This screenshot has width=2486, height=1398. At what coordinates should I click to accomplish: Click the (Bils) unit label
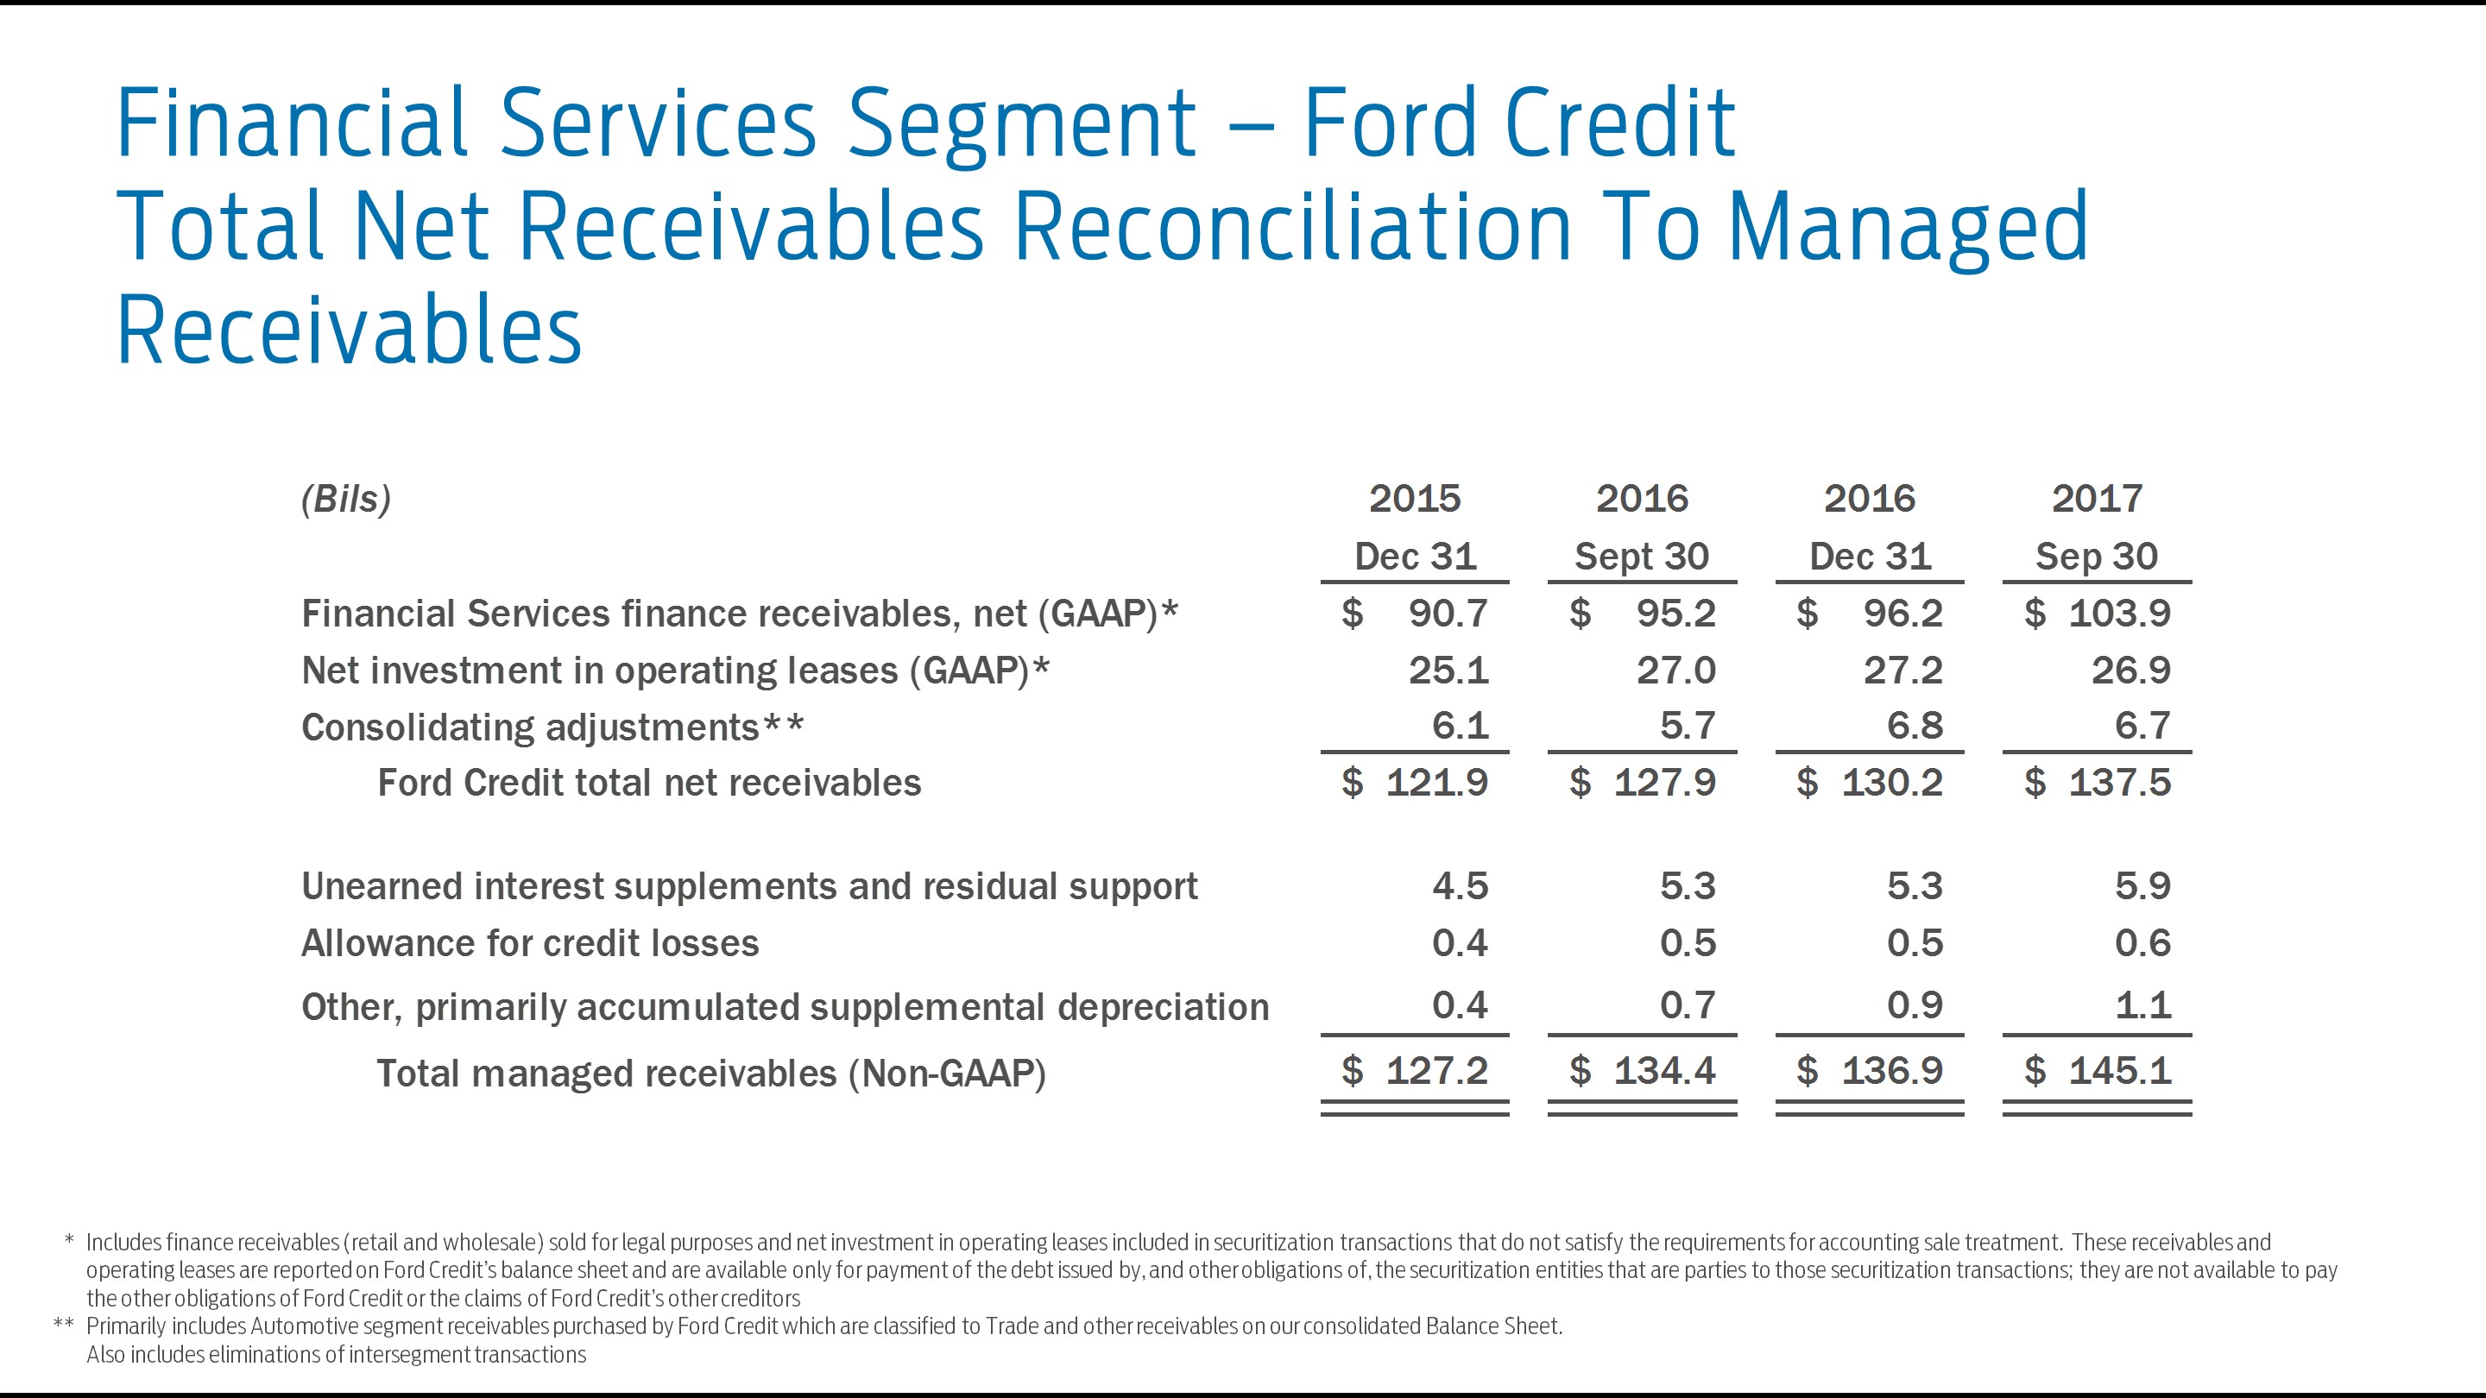tap(345, 500)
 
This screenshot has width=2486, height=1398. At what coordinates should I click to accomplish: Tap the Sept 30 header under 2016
tap(1642, 557)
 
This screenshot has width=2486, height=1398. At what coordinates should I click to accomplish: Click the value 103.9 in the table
tap(2119, 614)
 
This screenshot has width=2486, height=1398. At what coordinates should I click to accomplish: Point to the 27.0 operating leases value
tap(1676, 671)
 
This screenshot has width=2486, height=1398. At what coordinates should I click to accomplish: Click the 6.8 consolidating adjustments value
tap(1915, 726)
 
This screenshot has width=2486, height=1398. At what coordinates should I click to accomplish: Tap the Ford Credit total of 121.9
tap(1437, 783)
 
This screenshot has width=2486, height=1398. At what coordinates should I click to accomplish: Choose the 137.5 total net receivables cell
tap(2119, 783)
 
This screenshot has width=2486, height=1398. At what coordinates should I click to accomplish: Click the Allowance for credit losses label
tap(530, 943)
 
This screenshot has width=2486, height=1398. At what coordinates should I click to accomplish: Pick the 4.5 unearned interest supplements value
tap(1461, 885)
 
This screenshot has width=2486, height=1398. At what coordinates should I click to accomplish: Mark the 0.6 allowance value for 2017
tap(2142, 942)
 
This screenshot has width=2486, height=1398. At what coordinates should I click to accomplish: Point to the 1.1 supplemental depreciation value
tap(2143, 1005)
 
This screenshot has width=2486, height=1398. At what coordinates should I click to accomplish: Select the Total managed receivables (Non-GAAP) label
tap(711, 1074)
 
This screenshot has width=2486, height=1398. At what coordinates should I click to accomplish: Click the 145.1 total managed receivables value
tap(2120, 1071)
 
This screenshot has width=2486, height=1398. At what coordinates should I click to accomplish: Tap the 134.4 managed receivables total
tap(1665, 1071)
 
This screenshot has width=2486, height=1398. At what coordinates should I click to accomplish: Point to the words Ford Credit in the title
tap(1520, 123)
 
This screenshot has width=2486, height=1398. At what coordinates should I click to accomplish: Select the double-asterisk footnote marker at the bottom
tap(64, 1324)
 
